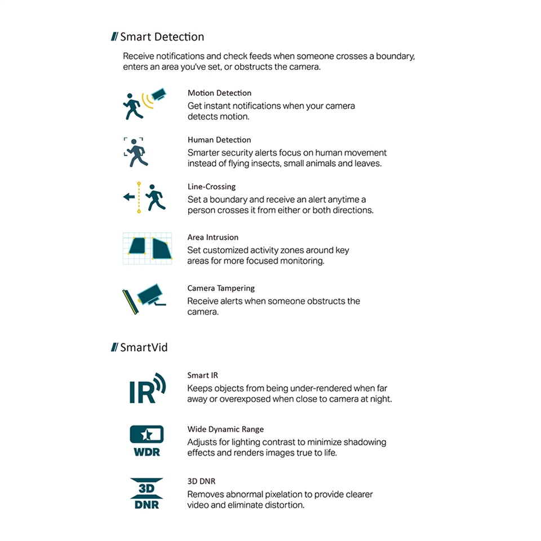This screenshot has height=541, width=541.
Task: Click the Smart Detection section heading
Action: pos(162,37)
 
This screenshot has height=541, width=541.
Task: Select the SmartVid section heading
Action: pos(144,347)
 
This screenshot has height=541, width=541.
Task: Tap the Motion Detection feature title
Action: pos(219,93)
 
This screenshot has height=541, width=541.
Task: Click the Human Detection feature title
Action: pos(219,140)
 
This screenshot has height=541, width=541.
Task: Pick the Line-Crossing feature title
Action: pos(211,187)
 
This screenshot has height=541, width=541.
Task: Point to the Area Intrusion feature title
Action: pos(213,237)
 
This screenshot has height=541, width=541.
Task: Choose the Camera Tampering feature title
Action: pos(221,288)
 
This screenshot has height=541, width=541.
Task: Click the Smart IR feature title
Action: pos(202,375)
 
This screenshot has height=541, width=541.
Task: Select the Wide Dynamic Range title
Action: pos(225,429)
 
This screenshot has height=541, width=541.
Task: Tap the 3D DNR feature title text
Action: pos(201,481)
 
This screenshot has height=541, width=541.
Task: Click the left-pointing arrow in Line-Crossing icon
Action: pos(129,197)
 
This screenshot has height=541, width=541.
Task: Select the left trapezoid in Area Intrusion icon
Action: pos(136,246)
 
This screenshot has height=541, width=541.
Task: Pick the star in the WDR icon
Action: pos(147,434)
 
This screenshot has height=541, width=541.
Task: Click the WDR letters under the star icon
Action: pos(147,452)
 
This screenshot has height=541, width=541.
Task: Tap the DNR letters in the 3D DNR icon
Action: pos(147,504)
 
